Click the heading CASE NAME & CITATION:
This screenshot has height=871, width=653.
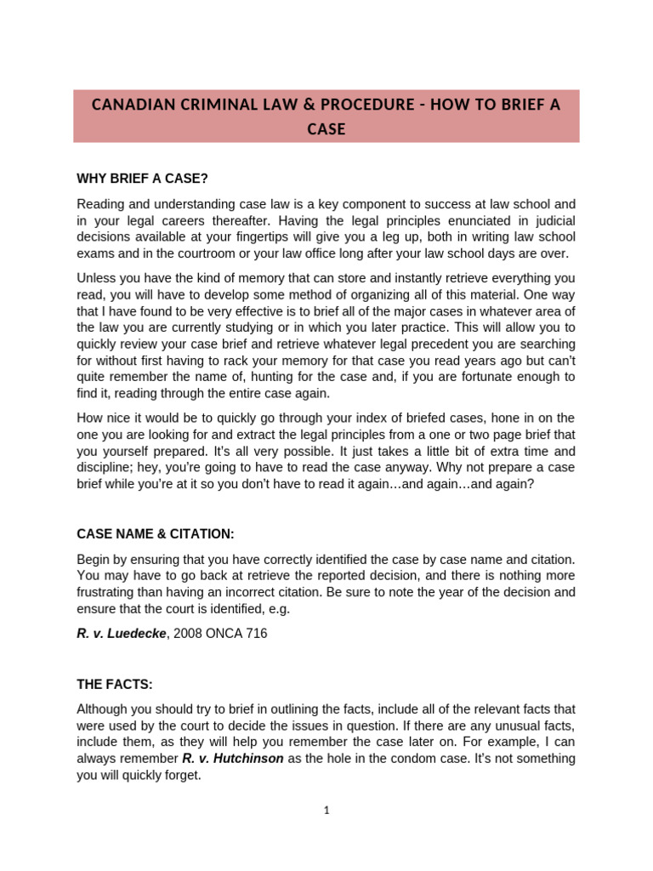pyautogui.click(x=155, y=533)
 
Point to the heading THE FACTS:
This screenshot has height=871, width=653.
pyautogui.click(x=115, y=684)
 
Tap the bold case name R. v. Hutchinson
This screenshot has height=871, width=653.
pyautogui.click(x=233, y=759)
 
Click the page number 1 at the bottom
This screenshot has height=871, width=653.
pyautogui.click(x=326, y=811)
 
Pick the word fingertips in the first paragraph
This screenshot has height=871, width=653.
pyautogui.click(x=283, y=236)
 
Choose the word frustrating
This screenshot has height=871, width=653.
pyautogui.click(x=110, y=592)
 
